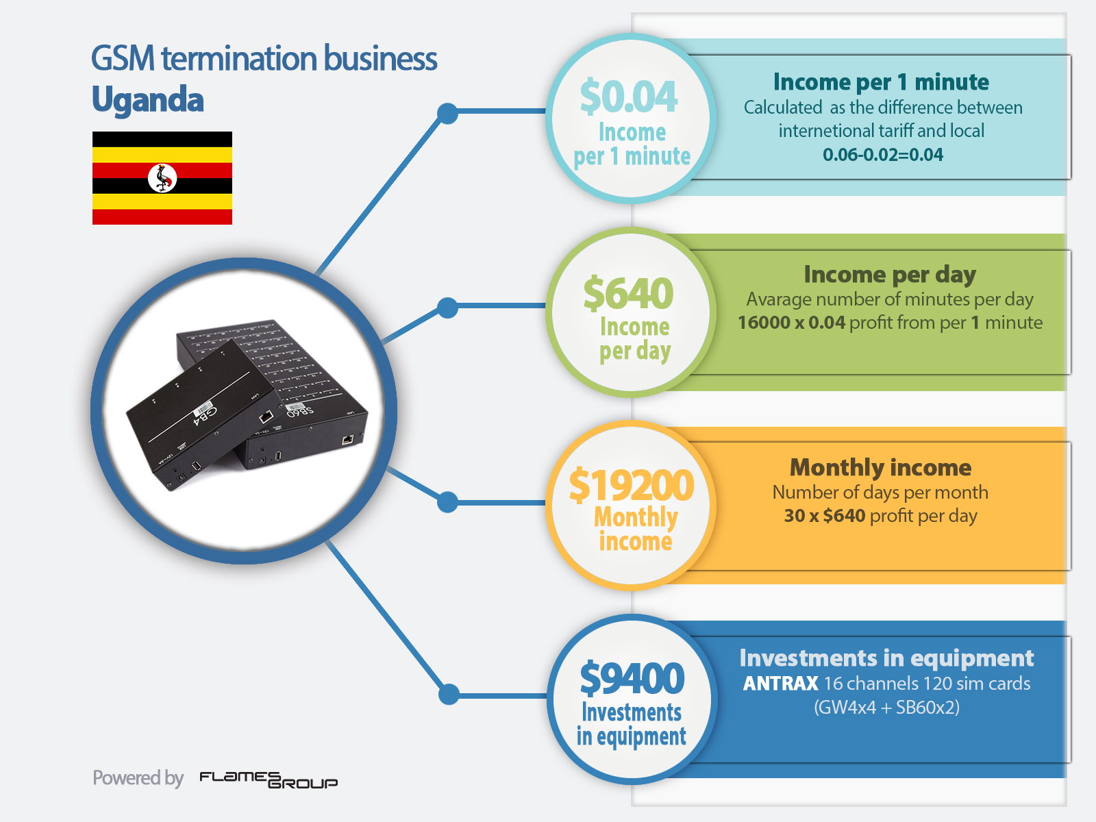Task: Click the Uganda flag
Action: pyautogui.click(x=162, y=177)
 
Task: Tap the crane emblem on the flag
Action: pyautogui.click(x=162, y=177)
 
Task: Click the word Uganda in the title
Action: pyautogui.click(x=148, y=99)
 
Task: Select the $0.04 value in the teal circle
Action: pyautogui.click(x=629, y=96)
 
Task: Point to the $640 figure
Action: pyautogui.click(x=629, y=293)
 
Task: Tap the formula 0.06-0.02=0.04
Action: pyautogui.click(x=883, y=155)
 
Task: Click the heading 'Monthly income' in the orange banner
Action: pyautogui.click(x=881, y=468)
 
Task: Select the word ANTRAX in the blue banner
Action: pyautogui.click(x=780, y=683)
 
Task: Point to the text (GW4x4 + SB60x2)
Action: pyautogui.click(x=887, y=707)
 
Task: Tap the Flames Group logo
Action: pyautogui.click(x=269, y=780)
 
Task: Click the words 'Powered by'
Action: pyautogui.click(x=138, y=778)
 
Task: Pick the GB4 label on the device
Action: pyautogui.click(x=206, y=416)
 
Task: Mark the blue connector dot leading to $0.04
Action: pyautogui.click(x=447, y=114)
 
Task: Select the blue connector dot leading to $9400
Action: pyautogui.click(x=449, y=694)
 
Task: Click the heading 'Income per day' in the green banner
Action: pyautogui.click(x=890, y=275)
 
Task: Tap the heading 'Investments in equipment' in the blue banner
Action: pyautogui.click(x=886, y=658)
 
